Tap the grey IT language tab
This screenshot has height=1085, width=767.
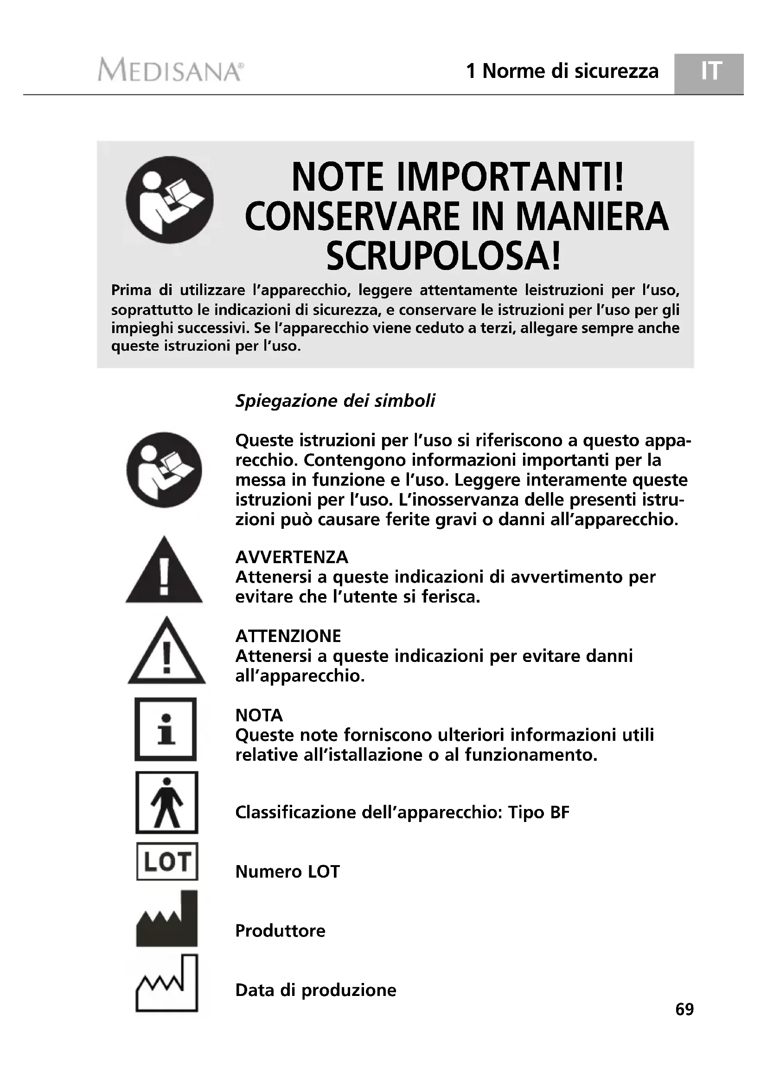click(x=710, y=71)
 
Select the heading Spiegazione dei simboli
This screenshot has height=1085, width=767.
click(x=335, y=401)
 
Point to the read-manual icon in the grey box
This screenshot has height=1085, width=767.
click(x=170, y=200)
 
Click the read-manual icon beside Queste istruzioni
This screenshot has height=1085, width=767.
click(x=164, y=470)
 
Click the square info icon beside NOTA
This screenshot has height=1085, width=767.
click(x=166, y=729)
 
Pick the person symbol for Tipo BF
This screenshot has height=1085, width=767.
click(x=167, y=803)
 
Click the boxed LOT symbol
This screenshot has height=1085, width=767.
click(x=167, y=861)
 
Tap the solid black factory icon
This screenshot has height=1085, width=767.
click(x=167, y=919)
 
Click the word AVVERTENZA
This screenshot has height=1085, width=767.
click(x=291, y=557)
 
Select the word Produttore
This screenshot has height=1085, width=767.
click(x=280, y=931)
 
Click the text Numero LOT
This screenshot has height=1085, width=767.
click(x=287, y=872)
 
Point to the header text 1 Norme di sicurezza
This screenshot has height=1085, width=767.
click(x=562, y=71)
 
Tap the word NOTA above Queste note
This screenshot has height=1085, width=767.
click(x=259, y=715)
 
